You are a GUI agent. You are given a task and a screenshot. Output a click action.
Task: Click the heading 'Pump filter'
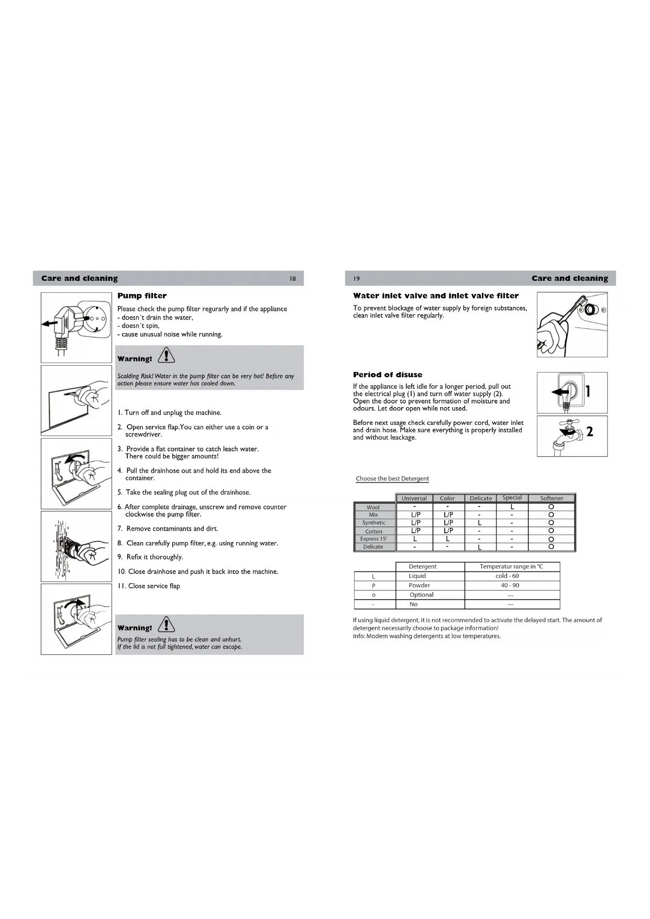pos(142,296)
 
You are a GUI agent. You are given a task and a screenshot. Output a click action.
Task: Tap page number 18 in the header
pos(293,279)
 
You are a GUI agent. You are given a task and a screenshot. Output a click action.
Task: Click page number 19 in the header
pos(357,279)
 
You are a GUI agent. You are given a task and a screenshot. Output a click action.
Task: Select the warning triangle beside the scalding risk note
pos(167,356)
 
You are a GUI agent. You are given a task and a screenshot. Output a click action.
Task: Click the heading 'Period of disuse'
pos(388,375)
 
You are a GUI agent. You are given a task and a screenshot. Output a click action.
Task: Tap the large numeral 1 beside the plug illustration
pos(588,391)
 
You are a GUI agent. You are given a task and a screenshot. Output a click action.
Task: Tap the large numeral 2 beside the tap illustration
pos(590,432)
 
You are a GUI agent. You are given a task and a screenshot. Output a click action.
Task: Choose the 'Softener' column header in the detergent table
pos(552,498)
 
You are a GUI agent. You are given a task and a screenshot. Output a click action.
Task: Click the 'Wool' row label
pos(373,507)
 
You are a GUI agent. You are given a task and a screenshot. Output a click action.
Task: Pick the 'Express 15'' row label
pos(373,539)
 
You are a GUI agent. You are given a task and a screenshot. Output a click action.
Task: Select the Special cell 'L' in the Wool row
pos(512,507)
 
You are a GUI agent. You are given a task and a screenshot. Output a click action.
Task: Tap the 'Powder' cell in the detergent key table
pos(420,586)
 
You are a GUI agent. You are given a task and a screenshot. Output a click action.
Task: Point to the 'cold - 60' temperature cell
pos(507,576)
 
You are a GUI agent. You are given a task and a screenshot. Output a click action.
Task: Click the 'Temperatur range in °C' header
pos(511,567)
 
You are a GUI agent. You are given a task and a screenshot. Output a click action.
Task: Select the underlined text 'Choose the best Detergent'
pos(392,479)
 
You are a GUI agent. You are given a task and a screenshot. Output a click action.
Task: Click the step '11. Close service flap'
pos(149,586)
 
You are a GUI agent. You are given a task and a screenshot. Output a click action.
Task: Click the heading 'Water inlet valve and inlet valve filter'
pos(436,296)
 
